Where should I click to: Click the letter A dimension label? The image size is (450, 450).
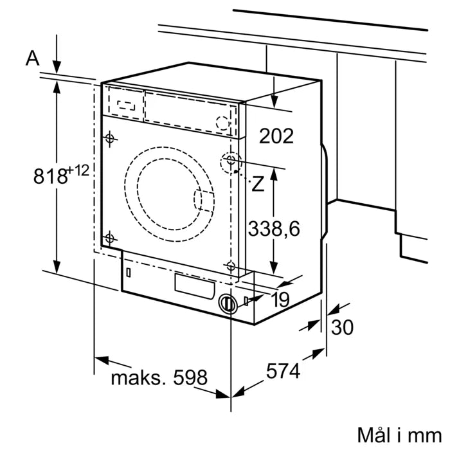click(32, 59)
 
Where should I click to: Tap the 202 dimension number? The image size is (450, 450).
click(276, 136)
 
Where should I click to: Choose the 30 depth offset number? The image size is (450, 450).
click(342, 327)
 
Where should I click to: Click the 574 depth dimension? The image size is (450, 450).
click(283, 371)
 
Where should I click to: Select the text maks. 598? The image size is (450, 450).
click(159, 377)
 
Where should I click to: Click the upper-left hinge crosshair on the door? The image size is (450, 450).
click(109, 138)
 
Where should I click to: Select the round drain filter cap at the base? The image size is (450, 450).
click(226, 303)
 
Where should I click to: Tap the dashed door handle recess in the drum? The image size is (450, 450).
click(204, 201)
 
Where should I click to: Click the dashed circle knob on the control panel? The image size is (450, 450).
click(222, 122)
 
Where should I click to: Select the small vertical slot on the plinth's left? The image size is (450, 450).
click(129, 272)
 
